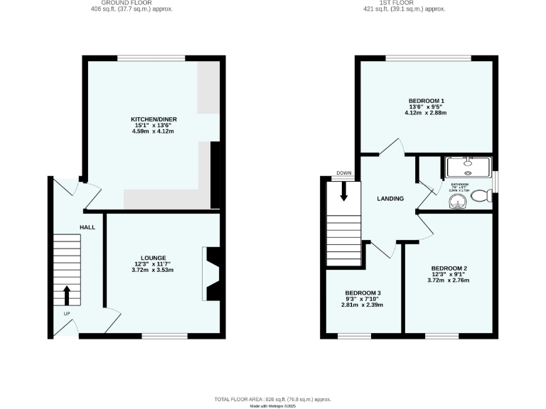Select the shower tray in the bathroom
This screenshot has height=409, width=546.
click(x=469, y=167)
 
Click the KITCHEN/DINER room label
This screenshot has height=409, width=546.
click(x=154, y=119)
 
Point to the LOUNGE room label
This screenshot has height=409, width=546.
click(x=154, y=258)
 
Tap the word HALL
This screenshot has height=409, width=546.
click(x=87, y=227)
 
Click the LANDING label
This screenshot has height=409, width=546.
click(x=390, y=199)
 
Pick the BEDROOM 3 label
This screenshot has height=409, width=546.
click(x=363, y=293)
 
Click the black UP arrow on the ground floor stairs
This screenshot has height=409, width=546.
click(x=68, y=294)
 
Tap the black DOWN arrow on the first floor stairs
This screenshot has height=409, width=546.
click(x=343, y=191)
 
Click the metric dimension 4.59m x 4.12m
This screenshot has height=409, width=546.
click(x=154, y=132)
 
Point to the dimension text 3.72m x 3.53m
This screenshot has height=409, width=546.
click(x=154, y=271)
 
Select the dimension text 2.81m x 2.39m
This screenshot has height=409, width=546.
click(x=363, y=305)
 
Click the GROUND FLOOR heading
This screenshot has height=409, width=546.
click(x=132, y=3)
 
